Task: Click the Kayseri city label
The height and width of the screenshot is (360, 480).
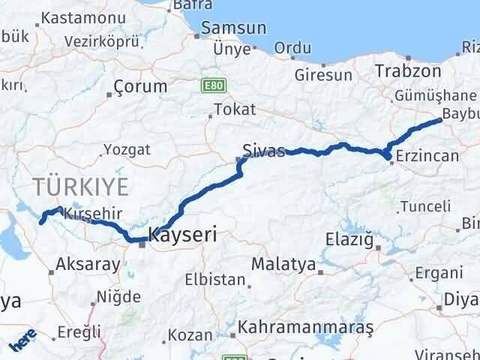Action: [x=184, y=235]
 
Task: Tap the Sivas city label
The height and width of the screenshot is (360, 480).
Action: [x=264, y=150]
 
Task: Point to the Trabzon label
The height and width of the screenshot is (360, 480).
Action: [x=409, y=71]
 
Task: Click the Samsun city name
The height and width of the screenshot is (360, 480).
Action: [x=230, y=29]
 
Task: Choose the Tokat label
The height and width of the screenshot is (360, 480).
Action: [x=235, y=109]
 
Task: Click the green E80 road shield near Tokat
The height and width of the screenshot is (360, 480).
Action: [x=211, y=86]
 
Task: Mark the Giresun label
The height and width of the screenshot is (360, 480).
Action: [x=323, y=76]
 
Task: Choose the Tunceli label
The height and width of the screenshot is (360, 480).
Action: [x=425, y=205]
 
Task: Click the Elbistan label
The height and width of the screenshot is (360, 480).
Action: [x=216, y=280]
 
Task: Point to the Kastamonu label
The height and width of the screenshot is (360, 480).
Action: [x=72, y=18]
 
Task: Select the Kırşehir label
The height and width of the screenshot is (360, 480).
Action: [x=93, y=213]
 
